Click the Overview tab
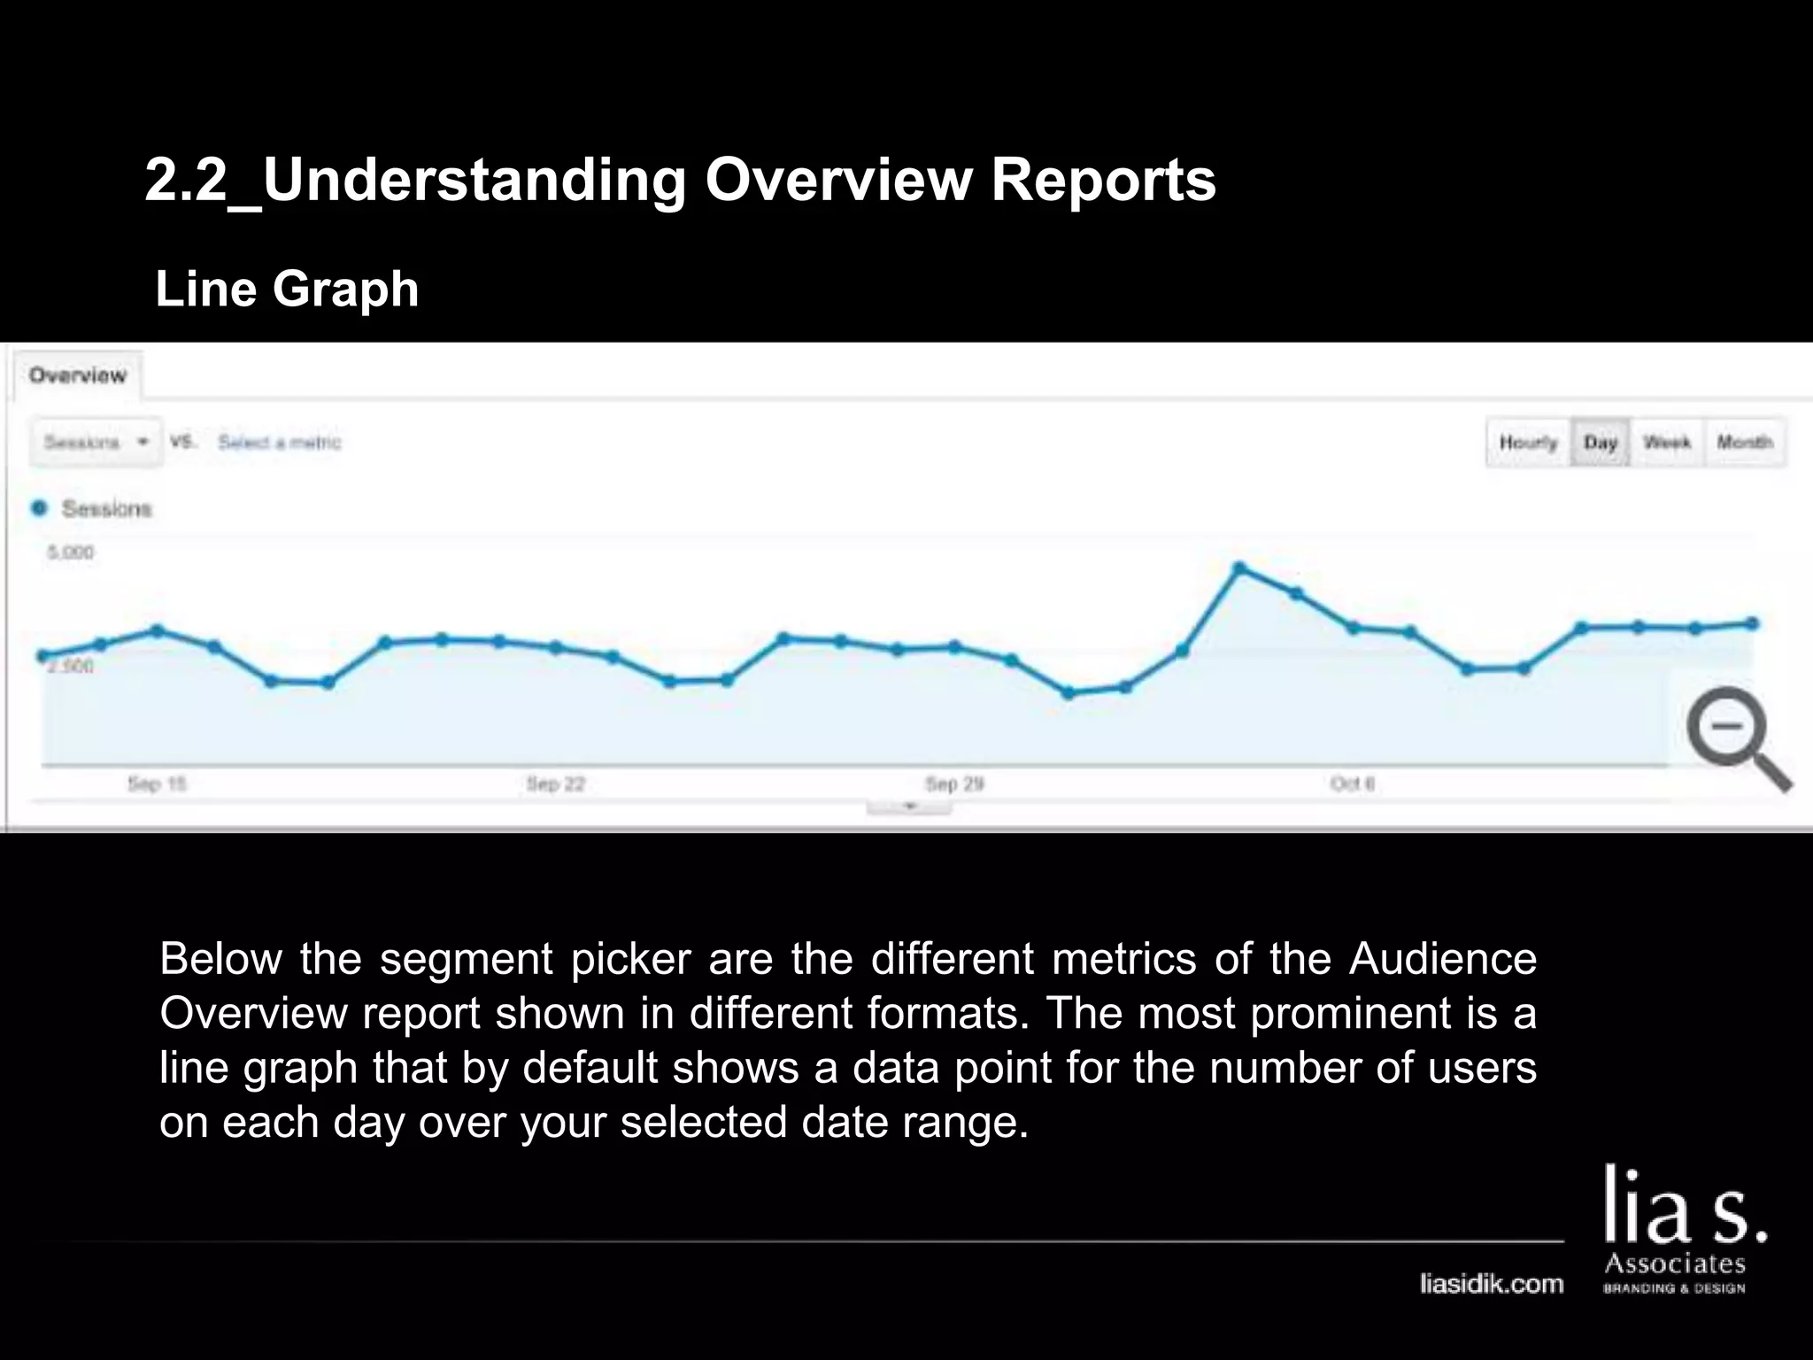pos(78,375)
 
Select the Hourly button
pos(1528,442)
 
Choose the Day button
pos(1601,442)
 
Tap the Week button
pos(1667,442)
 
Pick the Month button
pos(1744,442)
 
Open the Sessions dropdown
pos(96,442)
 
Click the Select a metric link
pos(280,442)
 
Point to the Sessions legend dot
pos(39,508)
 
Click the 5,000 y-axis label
pos(70,552)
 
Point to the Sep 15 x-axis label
pos(157,784)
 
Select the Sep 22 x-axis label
pos(556,784)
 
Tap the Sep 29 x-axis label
pos(954,784)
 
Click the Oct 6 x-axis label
pos(1353,784)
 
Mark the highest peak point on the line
pos(1239,568)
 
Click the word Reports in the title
pos(1103,180)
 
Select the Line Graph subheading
pos(287,289)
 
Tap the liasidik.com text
pos(1492,1283)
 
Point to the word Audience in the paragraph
pos(1443,959)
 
